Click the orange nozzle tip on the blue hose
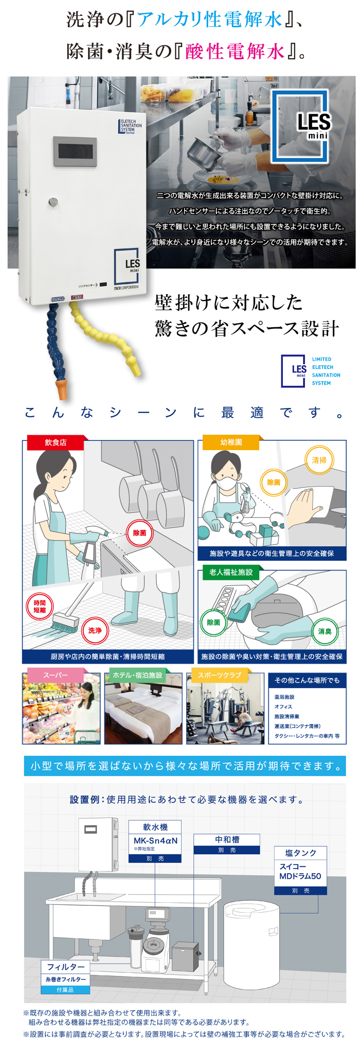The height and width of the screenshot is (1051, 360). coord(62,388)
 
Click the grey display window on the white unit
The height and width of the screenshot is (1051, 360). coord(75,152)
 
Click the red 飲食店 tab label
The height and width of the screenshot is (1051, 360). coord(56,442)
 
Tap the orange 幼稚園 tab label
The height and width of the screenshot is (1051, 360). coord(231,442)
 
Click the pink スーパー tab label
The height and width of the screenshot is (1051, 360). coord(55,675)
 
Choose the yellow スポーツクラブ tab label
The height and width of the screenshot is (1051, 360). coord(220,675)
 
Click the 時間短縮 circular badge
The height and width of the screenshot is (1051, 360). coord(40,607)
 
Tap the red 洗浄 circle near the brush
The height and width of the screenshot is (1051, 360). coord(95,630)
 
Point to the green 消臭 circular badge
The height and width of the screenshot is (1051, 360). coord(325,631)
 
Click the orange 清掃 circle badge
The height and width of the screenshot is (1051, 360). coord(319,460)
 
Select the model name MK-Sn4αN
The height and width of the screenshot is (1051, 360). coord(155,841)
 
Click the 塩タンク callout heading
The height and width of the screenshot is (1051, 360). coord(301,852)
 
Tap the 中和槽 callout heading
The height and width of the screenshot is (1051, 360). coord(227,839)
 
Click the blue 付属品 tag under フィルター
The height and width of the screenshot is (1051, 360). coord(65,989)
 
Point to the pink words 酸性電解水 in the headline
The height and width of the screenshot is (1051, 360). coord(235,51)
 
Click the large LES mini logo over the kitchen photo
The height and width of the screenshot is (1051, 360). coord(300,127)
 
